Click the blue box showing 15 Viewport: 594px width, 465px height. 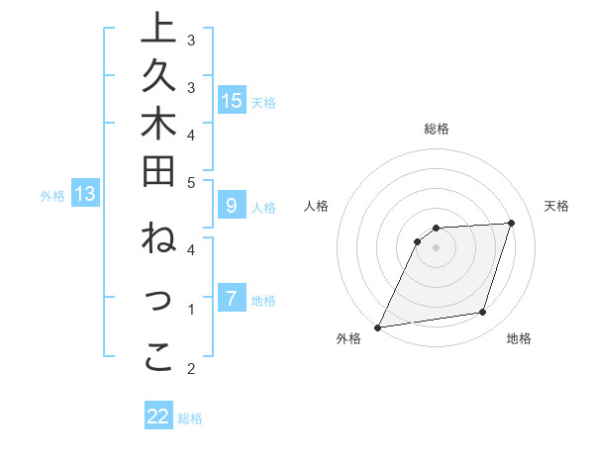[232, 100]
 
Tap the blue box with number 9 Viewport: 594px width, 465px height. [232, 206]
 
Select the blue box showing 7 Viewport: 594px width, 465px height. [232, 299]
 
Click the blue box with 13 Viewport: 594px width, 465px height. [86, 195]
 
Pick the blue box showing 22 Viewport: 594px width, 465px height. [158, 417]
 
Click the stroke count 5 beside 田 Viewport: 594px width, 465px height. [191, 182]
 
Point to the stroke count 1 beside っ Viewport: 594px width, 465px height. [191, 310]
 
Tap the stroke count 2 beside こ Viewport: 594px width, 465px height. [191, 369]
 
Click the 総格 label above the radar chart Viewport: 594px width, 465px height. [437, 129]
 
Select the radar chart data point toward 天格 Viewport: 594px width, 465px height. [511, 223]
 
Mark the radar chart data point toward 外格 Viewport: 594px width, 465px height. [377, 327]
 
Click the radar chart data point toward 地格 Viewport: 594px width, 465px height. [483, 313]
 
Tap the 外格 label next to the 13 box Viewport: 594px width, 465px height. [52, 196]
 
